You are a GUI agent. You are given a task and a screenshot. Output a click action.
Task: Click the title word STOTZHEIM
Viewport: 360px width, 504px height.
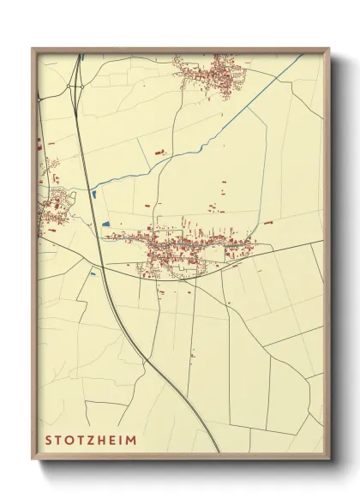point(90,441)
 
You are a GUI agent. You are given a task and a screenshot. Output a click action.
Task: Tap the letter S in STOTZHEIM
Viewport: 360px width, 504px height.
point(49,441)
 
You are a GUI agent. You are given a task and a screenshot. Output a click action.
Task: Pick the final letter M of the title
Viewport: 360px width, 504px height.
point(130,441)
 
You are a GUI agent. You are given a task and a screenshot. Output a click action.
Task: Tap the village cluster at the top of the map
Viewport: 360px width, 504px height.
point(210,73)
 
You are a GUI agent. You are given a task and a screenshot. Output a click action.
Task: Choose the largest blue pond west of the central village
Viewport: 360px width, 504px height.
point(106,225)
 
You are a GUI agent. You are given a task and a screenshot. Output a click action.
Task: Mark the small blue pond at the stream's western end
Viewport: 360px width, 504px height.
point(93,195)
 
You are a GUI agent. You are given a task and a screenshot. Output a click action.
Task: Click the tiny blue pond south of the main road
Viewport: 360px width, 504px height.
point(93,275)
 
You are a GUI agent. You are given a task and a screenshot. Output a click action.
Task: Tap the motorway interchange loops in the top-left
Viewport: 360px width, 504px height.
point(77,81)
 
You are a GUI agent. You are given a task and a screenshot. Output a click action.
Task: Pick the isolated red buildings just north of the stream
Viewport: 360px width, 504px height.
point(159,152)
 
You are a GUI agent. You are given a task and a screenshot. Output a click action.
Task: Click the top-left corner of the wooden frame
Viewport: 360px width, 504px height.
point(33,50)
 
